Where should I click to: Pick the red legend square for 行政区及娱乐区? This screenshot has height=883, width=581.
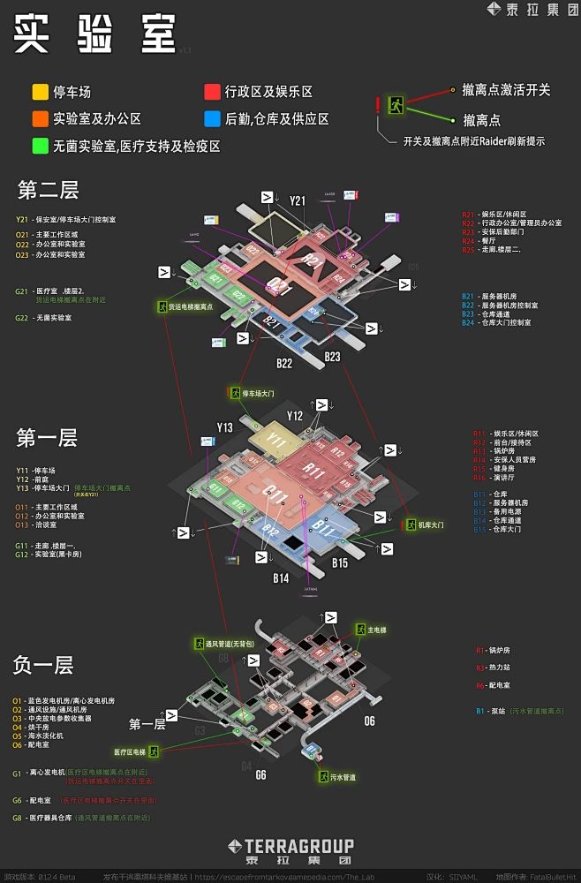[212, 91]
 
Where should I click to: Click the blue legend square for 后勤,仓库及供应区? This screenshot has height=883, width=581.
[212, 118]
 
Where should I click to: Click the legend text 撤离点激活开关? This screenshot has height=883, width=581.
[506, 90]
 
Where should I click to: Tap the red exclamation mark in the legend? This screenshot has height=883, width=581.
[378, 106]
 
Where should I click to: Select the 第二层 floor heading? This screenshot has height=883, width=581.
[48, 189]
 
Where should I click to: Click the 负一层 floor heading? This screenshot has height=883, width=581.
[43, 665]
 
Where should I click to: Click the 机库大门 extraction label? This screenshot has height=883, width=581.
[431, 525]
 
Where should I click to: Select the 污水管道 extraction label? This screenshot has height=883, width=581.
[343, 777]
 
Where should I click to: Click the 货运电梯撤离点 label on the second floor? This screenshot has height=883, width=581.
[192, 306]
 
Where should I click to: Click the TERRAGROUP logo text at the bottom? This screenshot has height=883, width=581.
[290, 845]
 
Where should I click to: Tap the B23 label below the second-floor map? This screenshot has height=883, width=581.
[332, 357]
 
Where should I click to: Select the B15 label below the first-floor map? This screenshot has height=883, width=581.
[340, 562]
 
